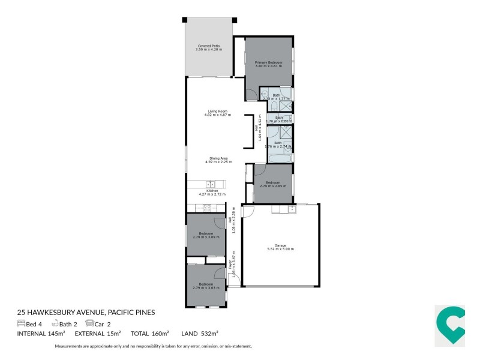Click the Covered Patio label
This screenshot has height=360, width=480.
coord(208,46)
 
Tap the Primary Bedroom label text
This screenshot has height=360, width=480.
coord(268,62)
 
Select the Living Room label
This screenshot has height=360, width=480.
coord(217,111)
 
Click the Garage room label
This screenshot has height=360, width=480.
coord(280,245)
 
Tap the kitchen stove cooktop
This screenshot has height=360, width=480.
coord(205,208)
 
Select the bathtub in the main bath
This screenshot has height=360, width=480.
coord(280,158)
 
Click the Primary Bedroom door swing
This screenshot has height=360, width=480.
coord(251,95)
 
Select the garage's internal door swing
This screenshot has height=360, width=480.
coord(248,211)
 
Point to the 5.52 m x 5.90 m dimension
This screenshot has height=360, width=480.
coord(280,249)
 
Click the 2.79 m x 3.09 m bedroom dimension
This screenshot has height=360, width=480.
coord(206,237)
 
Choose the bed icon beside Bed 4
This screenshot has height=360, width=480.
coord(22,323)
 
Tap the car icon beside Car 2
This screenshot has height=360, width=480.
coord(89,323)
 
